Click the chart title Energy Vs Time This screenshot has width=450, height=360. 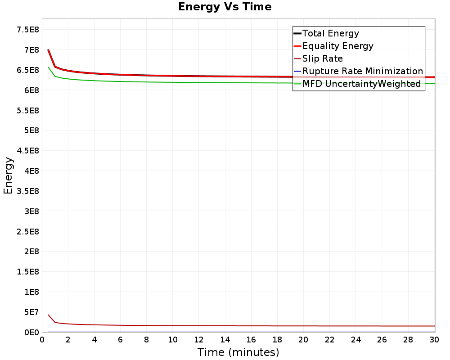(x=225, y=7)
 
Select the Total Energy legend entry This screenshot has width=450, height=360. (x=330, y=33)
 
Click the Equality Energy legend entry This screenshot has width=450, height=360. (x=337, y=46)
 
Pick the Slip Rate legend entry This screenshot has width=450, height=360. (x=322, y=58)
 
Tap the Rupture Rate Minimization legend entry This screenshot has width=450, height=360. (x=362, y=71)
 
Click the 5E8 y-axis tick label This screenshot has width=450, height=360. (x=31, y=130)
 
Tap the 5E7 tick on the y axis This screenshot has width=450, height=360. (x=31, y=312)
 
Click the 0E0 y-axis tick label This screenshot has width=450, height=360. (x=31, y=332)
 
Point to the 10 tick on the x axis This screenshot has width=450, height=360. (x=172, y=340)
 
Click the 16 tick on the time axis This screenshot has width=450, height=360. (x=251, y=340)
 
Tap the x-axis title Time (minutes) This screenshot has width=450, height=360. (x=238, y=352)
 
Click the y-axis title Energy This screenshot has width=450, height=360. (x=8, y=175)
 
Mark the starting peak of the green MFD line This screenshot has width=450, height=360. (x=48, y=67)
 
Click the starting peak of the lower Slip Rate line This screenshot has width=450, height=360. (x=48, y=315)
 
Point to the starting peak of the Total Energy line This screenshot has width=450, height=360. (x=48, y=49)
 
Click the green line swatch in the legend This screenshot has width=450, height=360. (x=297, y=84)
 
